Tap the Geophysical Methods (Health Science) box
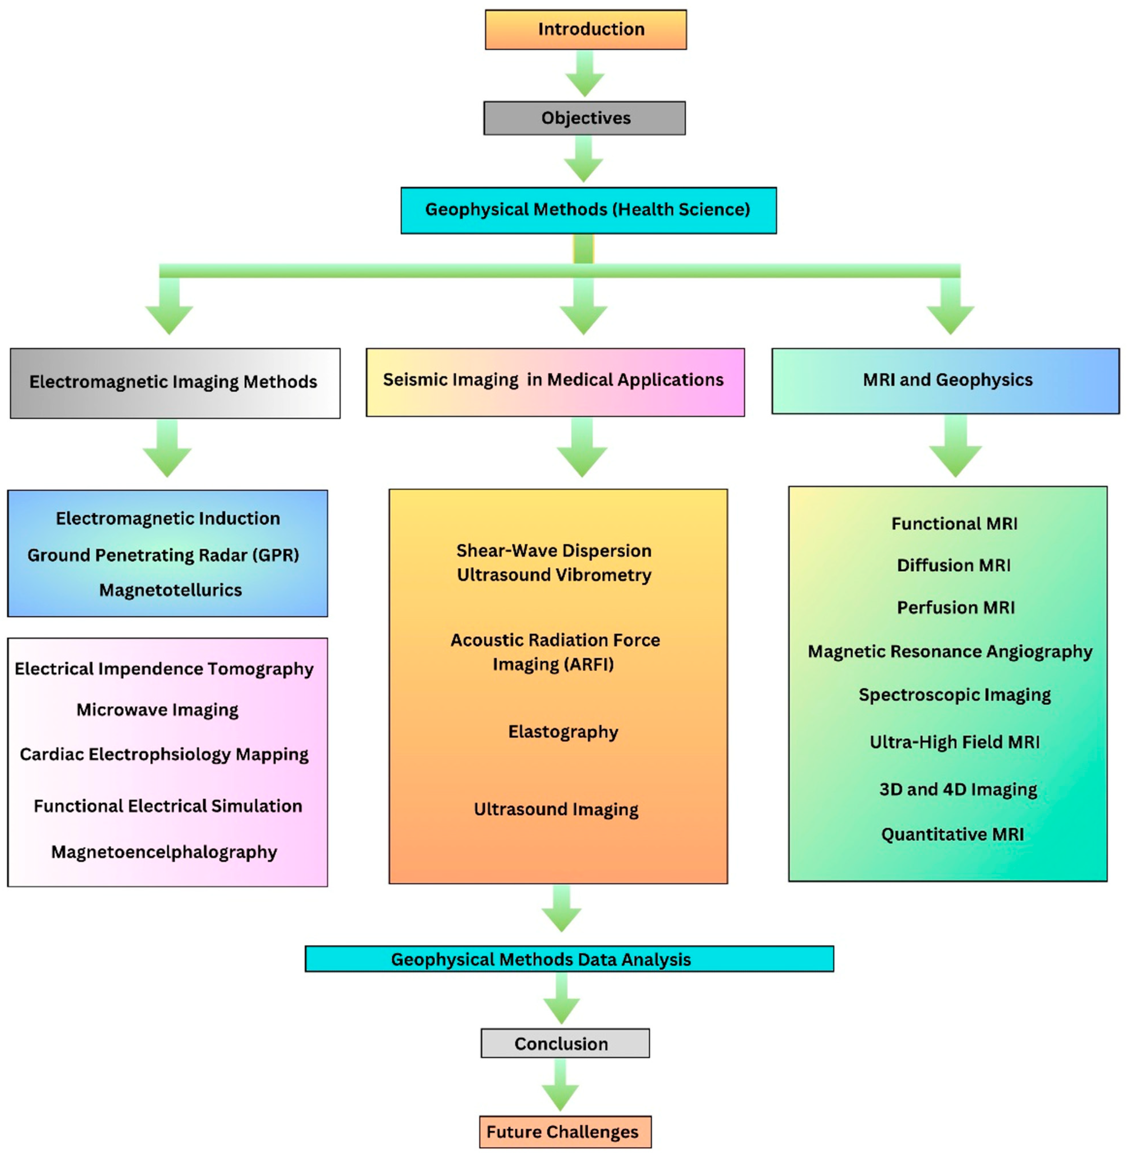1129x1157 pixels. click(588, 210)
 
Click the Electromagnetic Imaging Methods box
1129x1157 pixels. click(175, 382)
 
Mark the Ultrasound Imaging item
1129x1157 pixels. click(556, 809)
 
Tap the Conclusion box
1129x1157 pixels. click(564, 1043)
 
